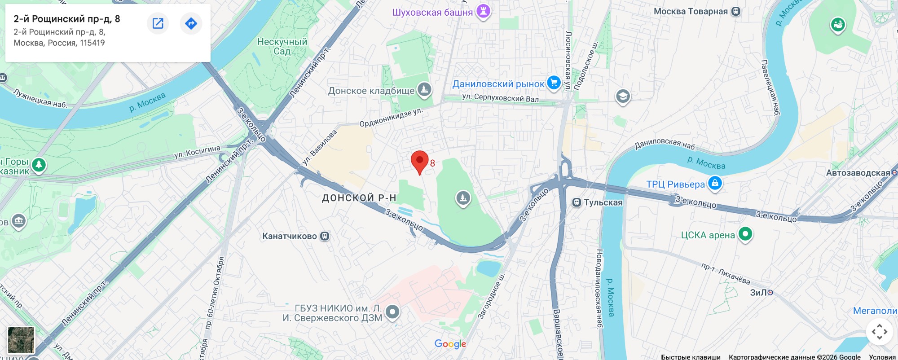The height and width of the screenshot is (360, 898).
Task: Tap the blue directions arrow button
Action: pyautogui.click(x=191, y=23)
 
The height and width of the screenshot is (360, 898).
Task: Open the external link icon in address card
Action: pyautogui.click(x=158, y=23)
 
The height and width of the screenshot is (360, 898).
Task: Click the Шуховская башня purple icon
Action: pyautogui.click(x=483, y=11)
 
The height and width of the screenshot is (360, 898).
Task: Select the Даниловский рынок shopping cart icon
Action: pyautogui.click(x=554, y=83)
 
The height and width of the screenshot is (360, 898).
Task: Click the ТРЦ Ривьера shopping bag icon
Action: pyautogui.click(x=715, y=183)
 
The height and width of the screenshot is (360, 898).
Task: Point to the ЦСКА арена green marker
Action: pyautogui.click(x=745, y=234)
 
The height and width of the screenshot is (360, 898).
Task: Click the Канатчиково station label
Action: pyautogui.click(x=290, y=236)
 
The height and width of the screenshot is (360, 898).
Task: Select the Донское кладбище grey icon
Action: pyautogui.click(x=424, y=89)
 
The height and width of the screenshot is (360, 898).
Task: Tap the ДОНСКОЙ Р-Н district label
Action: pyautogui.click(x=359, y=198)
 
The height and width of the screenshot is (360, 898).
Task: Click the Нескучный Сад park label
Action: pyautogui.click(x=282, y=46)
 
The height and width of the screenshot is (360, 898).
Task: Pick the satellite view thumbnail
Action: pyautogui.click(x=21, y=340)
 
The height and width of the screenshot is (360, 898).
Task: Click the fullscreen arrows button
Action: pyautogui.click(x=879, y=332)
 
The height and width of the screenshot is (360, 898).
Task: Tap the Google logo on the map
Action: pyautogui.click(x=450, y=344)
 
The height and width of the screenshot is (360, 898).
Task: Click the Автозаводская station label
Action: pyautogui.click(x=858, y=173)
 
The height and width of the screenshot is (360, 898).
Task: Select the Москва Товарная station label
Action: pyautogui.click(x=691, y=11)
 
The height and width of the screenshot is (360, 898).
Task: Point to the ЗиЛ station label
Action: pyautogui.click(x=759, y=292)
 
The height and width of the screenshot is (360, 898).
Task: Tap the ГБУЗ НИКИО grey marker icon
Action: pyautogui.click(x=392, y=312)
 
